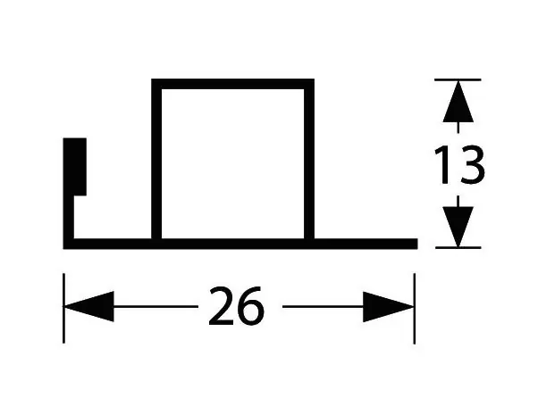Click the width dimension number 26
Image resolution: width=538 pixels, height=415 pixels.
237,306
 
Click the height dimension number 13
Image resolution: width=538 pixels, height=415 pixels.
459,165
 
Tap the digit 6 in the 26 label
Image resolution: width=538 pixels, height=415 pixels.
251,306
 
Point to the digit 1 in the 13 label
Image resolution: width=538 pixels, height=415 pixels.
442,165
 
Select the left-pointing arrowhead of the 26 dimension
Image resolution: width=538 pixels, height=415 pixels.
88,306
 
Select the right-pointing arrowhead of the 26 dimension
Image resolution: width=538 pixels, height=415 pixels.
389,307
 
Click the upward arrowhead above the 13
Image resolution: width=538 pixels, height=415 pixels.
458,102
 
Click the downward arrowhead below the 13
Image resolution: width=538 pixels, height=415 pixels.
458,227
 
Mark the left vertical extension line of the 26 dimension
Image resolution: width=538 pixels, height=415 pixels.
63,308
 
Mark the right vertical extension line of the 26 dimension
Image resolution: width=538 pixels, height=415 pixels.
415,309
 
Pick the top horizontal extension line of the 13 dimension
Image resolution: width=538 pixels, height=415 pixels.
458,79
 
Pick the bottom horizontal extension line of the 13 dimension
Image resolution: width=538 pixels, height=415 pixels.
458,247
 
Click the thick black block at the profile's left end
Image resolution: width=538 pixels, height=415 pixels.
75,167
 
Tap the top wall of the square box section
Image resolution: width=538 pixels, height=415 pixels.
232,84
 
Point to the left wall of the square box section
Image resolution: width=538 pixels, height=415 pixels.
156,161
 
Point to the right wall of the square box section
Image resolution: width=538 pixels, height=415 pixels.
309,161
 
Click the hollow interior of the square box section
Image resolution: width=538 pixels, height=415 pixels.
232,164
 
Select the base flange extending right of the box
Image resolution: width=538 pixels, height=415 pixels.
366,244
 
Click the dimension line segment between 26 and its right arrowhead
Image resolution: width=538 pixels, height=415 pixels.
323,306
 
